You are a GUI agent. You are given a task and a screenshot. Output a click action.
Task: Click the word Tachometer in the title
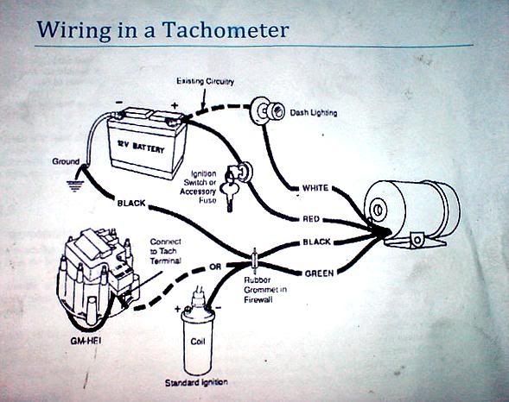[x=226, y=30]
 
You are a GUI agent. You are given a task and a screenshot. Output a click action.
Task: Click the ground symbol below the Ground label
[x=75, y=185]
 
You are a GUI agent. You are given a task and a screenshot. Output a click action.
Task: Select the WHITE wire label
[x=315, y=188]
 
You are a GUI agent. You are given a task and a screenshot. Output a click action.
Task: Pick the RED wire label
[x=311, y=219]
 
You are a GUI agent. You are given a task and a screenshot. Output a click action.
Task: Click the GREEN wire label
[x=319, y=273]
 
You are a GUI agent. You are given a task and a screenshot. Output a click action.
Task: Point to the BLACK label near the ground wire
[x=131, y=203]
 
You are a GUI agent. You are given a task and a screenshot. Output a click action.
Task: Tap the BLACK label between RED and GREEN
[x=316, y=242]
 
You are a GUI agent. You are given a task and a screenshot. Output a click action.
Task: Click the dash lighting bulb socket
[x=265, y=110]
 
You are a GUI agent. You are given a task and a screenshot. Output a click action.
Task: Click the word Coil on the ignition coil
[x=198, y=342]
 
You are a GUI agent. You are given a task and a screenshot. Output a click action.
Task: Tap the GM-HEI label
[x=86, y=341]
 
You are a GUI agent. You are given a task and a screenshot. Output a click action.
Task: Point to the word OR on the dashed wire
[x=215, y=267]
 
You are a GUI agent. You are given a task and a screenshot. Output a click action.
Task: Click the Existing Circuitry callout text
[x=205, y=81]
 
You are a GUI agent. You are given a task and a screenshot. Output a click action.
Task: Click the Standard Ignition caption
[x=196, y=382]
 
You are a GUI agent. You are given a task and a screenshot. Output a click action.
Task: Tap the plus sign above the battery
[x=175, y=105]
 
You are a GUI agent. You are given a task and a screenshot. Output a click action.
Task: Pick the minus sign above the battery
[x=119, y=102]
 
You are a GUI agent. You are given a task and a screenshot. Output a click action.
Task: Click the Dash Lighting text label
[x=313, y=113]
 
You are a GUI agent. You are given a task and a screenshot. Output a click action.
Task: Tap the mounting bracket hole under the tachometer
[x=417, y=240]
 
